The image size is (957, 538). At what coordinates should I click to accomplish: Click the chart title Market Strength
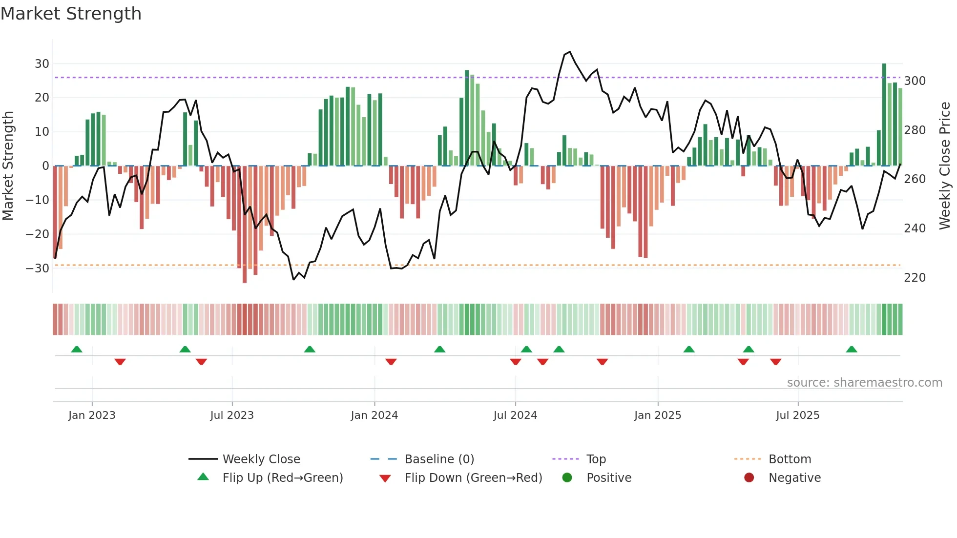click(71, 13)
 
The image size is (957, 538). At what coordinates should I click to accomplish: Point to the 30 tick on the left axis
click(42, 63)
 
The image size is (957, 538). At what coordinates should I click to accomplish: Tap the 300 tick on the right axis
click(915, 81)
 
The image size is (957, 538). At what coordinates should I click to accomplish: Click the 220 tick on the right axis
click(915, 277)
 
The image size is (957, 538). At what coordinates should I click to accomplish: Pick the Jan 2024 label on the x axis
click(374, 415)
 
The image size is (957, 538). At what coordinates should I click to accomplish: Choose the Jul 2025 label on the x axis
click(797, 415)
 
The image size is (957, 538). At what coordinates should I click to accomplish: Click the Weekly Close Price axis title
click(945, 166)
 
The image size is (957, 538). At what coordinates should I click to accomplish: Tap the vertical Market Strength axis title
click(8, 166)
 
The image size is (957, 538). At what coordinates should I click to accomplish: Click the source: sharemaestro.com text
click(864, 382)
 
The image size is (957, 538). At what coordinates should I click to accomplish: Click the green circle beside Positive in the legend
click(567, 477)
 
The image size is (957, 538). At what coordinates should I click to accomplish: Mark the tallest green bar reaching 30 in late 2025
click(884, 115)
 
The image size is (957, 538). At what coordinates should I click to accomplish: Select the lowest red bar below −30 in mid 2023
click(245, 225)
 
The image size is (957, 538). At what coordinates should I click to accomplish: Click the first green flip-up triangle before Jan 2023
click(77, 349)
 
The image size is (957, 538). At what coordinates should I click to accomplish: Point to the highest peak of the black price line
click(569, 52)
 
